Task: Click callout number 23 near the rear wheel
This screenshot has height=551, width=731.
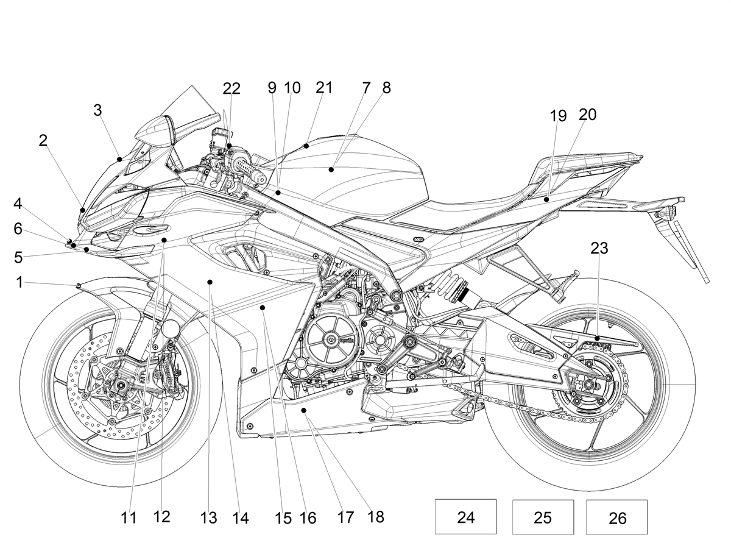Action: click(599, 248)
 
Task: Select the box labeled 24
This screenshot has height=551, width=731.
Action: click(465, 517)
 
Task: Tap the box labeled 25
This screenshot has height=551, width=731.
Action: click(543, 517)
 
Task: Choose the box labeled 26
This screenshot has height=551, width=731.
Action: click(616, 517)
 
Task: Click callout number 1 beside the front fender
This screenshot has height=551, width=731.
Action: click(19, 282)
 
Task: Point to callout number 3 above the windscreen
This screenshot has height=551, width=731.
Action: click(97, 110)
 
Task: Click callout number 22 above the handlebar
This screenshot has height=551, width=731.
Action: click(231, 88)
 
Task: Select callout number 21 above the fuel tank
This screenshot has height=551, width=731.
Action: click(324, 88)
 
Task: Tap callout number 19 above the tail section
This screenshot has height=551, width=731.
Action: click(558, 116)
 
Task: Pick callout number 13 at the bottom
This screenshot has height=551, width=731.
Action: click(209, 517)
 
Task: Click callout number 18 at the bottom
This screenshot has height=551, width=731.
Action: click(376, 517)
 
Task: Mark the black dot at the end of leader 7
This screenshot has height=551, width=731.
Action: click(331, 169)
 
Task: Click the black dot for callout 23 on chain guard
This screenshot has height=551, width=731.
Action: click(598, 338)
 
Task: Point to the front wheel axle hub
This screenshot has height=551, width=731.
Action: click(120, 386)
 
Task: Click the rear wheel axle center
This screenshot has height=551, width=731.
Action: click(587, 385)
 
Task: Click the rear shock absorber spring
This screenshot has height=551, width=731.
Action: click(450, 286)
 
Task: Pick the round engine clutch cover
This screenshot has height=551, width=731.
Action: click(331, 339)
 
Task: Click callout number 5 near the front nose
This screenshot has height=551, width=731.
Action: click(18, 257)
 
